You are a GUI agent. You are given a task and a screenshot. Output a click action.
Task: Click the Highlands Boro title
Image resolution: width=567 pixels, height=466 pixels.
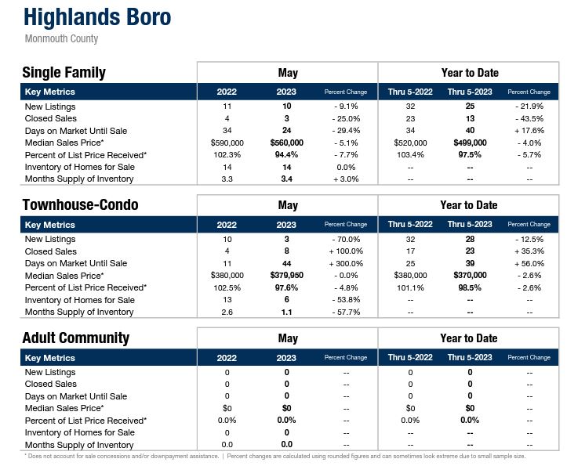tap(97, 17)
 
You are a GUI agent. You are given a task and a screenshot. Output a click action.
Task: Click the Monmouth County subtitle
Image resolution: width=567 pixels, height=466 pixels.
tap(61, 38)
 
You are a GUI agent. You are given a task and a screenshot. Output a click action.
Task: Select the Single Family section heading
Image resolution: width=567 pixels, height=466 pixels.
tap(64, 73)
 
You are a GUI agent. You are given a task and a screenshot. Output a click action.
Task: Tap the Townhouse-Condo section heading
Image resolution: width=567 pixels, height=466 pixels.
tap(80, 205)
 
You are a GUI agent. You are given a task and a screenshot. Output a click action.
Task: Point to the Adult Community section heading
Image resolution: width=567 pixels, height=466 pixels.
tap(75, 338)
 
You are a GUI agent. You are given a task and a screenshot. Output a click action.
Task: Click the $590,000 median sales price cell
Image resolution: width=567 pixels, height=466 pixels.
tap(227, 143)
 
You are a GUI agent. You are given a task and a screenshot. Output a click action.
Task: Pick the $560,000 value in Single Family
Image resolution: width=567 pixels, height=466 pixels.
tap(286, 143)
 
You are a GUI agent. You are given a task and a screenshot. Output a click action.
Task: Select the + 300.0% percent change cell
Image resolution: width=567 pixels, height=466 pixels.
tap(346, 263)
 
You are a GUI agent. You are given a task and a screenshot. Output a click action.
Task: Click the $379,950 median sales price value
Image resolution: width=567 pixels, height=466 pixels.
tap(286, 276)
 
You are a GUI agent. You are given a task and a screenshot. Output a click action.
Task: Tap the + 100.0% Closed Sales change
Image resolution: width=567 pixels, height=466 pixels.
tap(346, 251)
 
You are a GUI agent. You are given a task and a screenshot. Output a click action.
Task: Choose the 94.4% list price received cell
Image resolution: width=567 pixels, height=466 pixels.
tap(286, 155)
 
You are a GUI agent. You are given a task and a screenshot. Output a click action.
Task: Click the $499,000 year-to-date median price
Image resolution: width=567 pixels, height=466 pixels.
tap(470, 143)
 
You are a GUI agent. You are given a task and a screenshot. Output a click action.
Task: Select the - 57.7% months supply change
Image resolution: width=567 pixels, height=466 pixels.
tap(346, 312)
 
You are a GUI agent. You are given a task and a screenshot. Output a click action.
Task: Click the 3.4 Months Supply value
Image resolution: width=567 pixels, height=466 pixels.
tap(286, 179)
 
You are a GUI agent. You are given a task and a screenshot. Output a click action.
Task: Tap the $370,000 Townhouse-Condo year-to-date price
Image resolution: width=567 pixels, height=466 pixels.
tap(470, 276)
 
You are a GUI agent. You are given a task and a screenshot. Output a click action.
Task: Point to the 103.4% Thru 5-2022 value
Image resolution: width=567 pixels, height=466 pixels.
tap(410, 155)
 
